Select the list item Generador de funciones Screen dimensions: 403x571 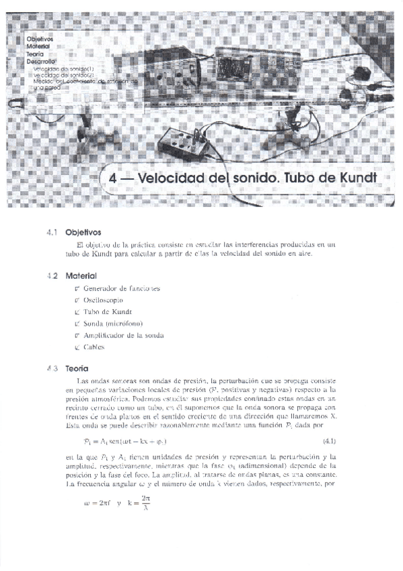point(121,288)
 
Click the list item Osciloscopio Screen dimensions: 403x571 point(108,300)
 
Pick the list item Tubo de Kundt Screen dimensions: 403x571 point(108,312)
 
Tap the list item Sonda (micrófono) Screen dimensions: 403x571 point(113,323)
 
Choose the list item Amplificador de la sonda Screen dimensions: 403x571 point(124,335)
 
